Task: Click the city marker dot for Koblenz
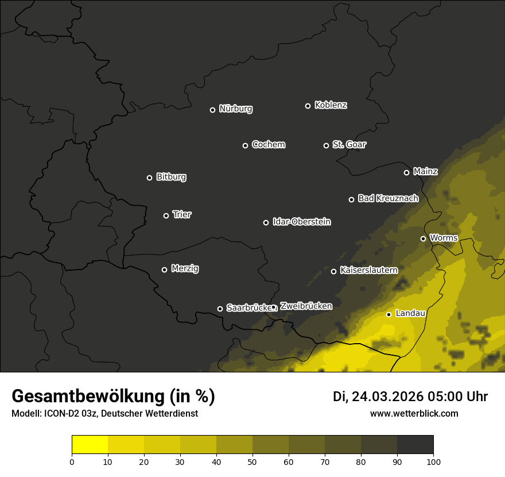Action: click(308, 106)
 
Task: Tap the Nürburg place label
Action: click(236, 109)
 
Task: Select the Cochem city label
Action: click(268, 145)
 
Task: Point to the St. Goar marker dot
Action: click(326, 145)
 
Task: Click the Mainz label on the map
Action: click(425, 171)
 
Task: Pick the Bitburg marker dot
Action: click(149, 178)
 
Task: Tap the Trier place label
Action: click(182, 214)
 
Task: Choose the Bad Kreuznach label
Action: click(388, 198)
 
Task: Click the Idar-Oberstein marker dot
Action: click(266, 222)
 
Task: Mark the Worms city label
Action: click(444, 237)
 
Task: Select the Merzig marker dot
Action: click(164, 270)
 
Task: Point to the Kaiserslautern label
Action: click(368, 270)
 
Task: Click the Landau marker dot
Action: click(389, 314)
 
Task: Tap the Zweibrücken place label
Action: click(306, 306)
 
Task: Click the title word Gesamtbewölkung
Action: click(88, 396)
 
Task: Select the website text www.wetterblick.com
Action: click(414, 413)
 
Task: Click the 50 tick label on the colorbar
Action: click(252, 461)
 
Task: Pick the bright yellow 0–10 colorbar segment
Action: click(90, 445)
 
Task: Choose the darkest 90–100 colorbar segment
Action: click(415, 445)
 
